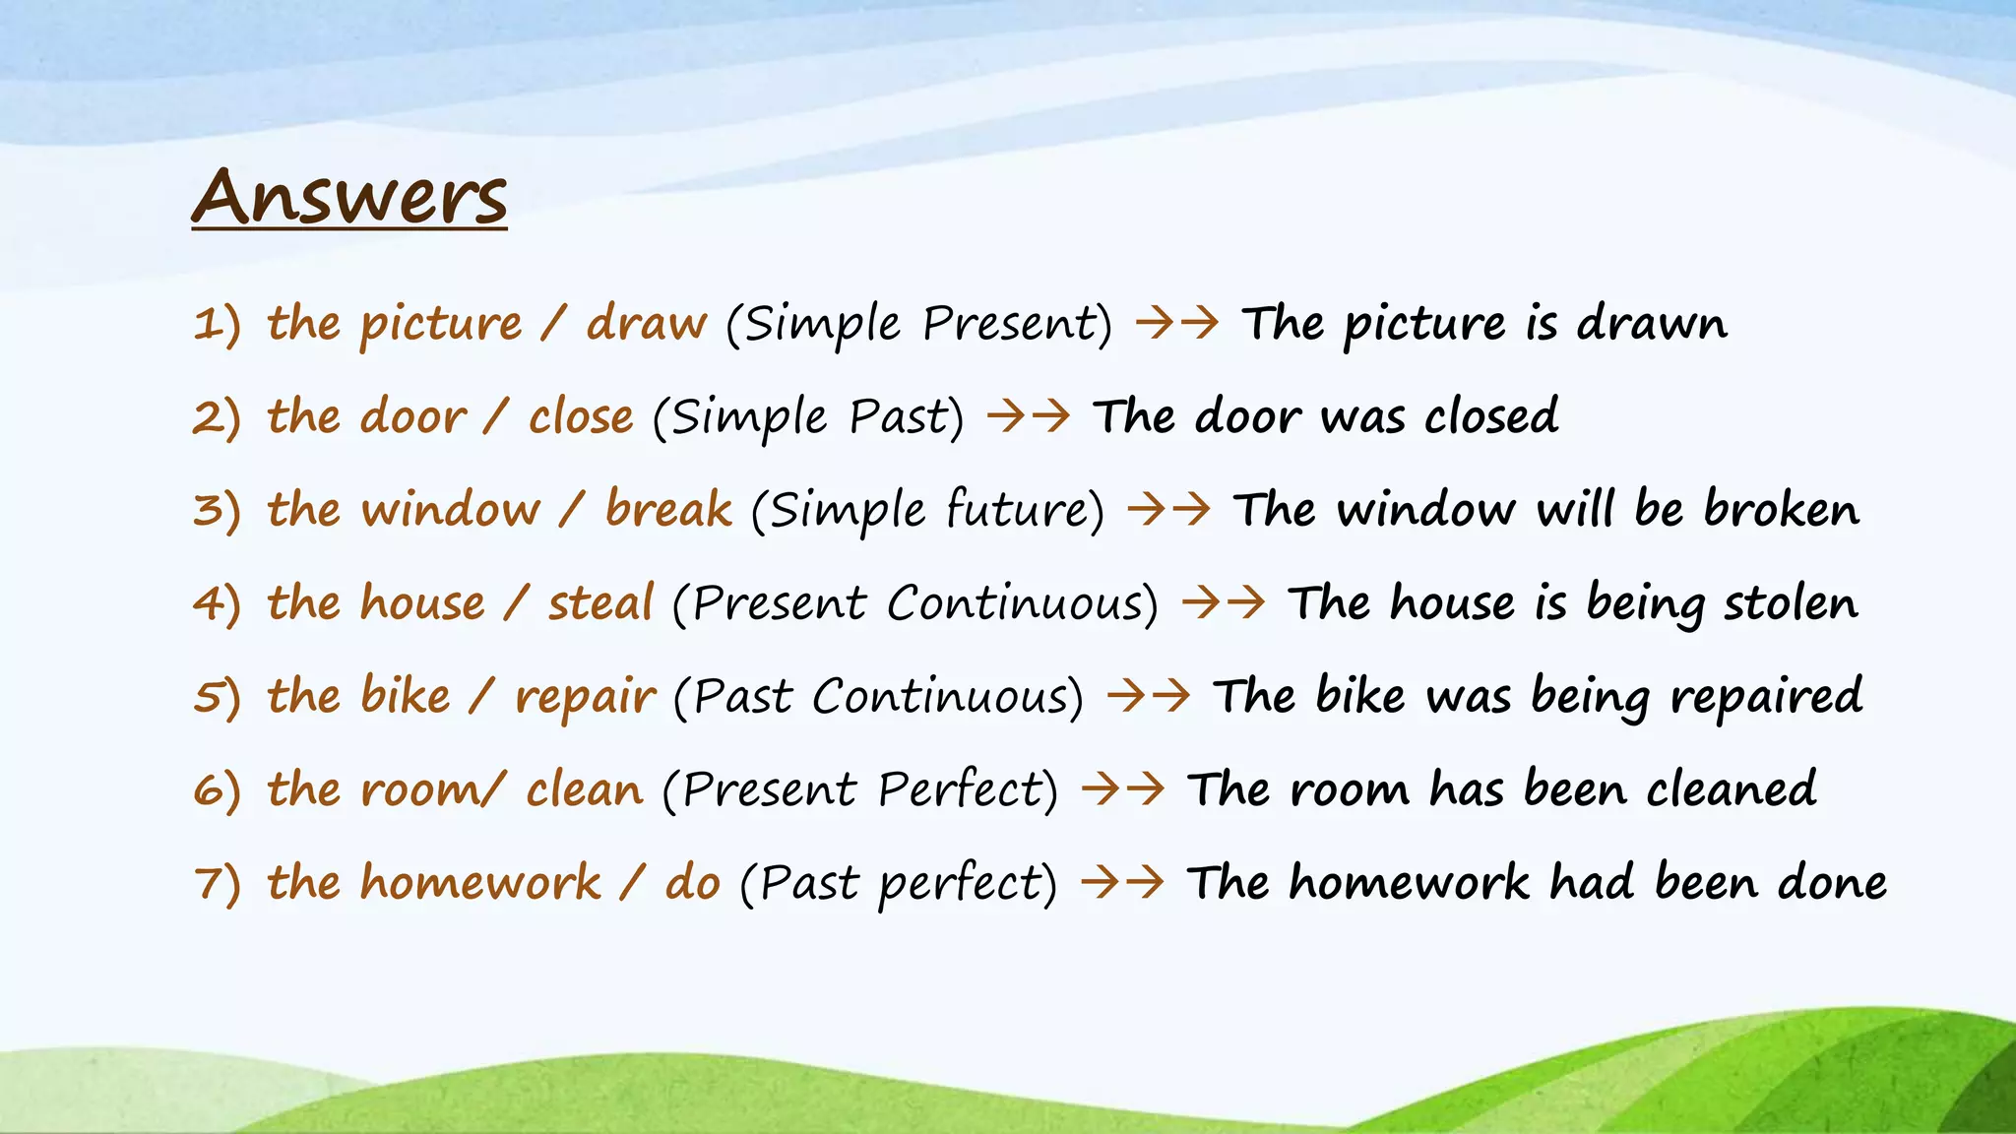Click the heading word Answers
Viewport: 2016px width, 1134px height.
(349, 197)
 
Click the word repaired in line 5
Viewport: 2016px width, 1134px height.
(1766, 697)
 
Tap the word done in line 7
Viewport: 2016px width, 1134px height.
(1832, 883)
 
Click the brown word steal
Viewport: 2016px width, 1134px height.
(600, 602)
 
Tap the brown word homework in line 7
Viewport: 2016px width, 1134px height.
(480, 882)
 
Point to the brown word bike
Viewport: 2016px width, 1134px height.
(406, 696)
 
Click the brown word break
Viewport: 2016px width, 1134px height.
(668, 510)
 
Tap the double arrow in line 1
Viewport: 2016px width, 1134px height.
(1177, 323)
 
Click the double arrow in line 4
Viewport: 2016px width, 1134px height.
(1224, 602)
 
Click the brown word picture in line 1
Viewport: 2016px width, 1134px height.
(441, 324)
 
